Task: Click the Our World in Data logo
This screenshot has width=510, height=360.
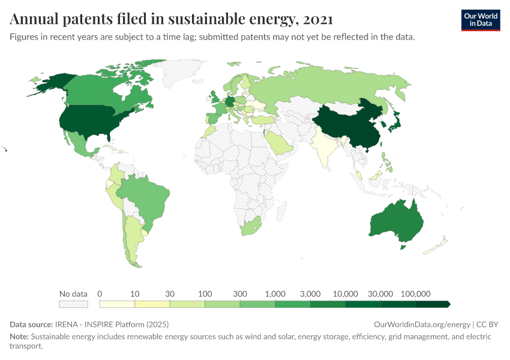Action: point(480,19)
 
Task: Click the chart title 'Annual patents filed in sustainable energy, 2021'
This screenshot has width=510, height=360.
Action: point(172,19)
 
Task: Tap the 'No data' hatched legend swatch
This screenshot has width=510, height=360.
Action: point(73,304)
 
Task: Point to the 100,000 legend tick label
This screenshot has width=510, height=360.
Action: point(416,293)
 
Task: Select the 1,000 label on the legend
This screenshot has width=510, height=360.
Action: point(275,293)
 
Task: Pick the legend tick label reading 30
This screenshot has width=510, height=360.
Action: point(170,293)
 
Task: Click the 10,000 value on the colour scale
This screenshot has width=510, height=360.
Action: point(346,293)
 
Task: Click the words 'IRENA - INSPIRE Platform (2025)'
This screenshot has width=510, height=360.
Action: point(111,324)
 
